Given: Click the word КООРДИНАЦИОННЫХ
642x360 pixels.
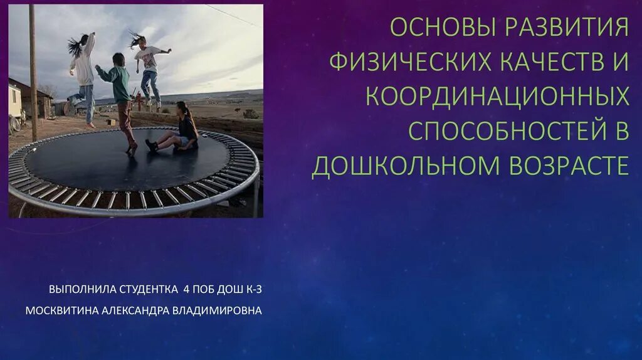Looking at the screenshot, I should point(497,96).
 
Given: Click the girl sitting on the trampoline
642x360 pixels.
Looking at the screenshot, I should point(179,129).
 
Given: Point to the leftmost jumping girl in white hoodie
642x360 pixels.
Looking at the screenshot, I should point(83,72).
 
